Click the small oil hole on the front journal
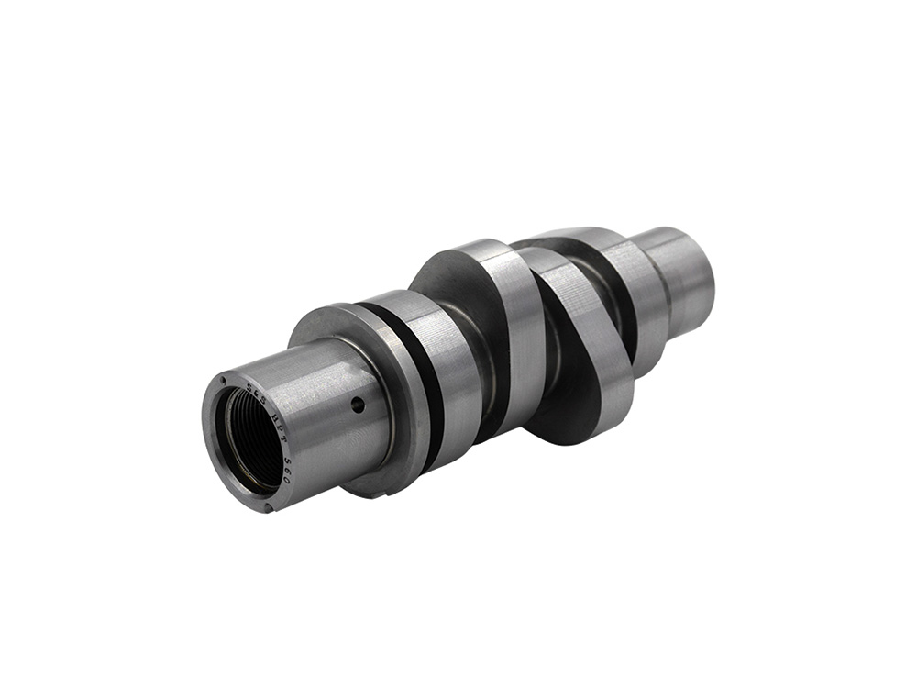tap(358, 405)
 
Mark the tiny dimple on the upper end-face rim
tap(222, 381)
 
